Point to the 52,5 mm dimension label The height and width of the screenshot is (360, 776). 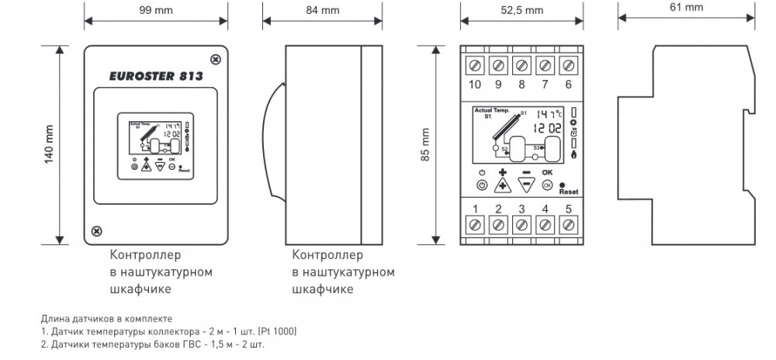521,11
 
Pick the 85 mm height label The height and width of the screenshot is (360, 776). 425,144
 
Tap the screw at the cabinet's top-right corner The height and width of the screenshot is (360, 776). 216,57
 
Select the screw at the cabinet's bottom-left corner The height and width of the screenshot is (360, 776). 96,230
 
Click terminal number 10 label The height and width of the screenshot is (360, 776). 474,84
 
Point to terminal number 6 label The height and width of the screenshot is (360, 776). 569,84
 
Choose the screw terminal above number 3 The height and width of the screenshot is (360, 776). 521,225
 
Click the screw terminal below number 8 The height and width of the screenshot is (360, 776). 521,64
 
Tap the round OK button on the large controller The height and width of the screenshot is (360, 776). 548,185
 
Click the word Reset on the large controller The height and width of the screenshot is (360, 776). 569,190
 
